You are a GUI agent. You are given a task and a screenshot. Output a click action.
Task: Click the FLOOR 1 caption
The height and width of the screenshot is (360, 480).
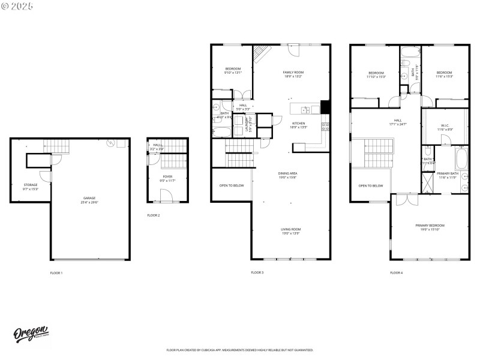tap(56, 272)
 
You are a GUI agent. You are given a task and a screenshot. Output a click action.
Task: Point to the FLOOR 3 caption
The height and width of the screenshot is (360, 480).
tap(257, 272)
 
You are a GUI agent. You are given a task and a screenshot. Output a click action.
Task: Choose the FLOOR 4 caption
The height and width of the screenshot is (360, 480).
tap(397, 272)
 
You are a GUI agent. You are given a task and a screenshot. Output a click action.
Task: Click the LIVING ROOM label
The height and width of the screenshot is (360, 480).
tap(291, 230)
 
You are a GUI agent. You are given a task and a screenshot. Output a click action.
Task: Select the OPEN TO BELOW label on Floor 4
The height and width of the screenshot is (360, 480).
tap(371, 185)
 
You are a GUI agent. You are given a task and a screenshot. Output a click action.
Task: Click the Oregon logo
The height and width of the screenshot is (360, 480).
tap(31, 334)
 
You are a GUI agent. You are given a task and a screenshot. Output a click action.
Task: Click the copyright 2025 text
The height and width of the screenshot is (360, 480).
tap(18, 5)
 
